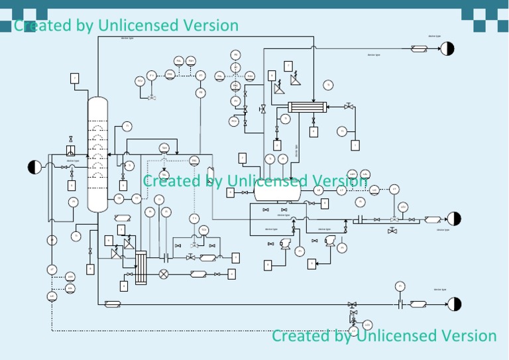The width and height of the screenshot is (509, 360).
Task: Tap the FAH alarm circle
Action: click(x=191, y=61)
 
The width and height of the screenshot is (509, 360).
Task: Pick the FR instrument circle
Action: click(x=201, y=93)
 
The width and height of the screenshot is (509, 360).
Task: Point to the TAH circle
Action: click(x=164, y=147)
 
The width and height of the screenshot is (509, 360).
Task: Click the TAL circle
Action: click(x=164, y=174)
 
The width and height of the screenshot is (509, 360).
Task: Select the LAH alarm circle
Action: click(x=70, y=276)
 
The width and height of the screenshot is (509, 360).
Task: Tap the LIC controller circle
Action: click(x=52, y=296)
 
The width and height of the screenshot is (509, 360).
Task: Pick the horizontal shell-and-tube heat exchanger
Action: click(x=307, y=107)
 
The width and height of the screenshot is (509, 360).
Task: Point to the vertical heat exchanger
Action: click(x=141, y=267)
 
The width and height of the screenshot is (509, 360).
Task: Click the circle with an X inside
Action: click(x=164, y=274)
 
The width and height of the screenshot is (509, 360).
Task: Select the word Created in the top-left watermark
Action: click(x=44, y=25)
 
